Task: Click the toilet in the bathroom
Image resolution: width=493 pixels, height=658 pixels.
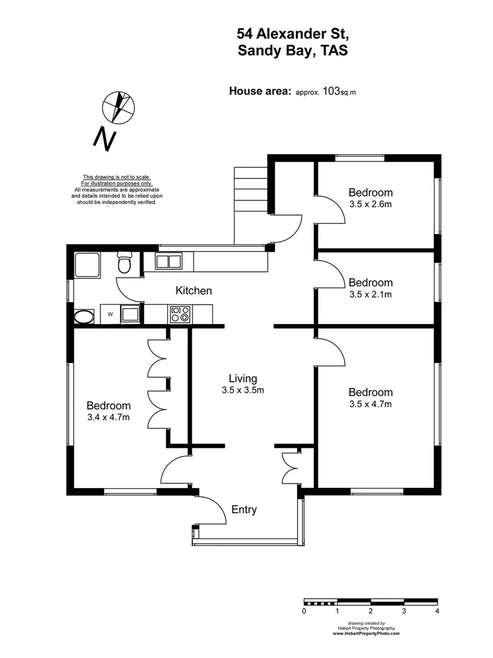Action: (124, 263)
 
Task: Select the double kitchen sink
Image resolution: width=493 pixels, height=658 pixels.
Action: (168, 262)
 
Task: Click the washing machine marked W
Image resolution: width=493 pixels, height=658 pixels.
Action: (110, 314)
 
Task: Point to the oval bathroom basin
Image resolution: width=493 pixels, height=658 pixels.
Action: (84, 316)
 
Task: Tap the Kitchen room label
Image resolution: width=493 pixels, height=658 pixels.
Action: (194, 291)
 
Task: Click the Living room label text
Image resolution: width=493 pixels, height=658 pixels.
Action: (243, 378)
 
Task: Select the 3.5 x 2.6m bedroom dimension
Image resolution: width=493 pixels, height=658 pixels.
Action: (370, 204)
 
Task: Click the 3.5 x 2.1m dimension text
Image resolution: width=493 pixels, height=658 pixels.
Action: (370, 294)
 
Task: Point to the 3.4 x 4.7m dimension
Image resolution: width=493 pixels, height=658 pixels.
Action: (108, 417)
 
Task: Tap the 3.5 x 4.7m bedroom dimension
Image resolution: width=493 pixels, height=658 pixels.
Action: (370, 404)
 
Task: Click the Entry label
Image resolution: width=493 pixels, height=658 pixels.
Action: (244, 510)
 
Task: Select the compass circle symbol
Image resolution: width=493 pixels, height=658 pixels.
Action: (117, 105)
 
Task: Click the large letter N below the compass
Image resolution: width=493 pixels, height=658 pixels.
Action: (104, 140)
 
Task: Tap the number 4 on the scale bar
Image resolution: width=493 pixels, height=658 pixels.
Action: (437, 610)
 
